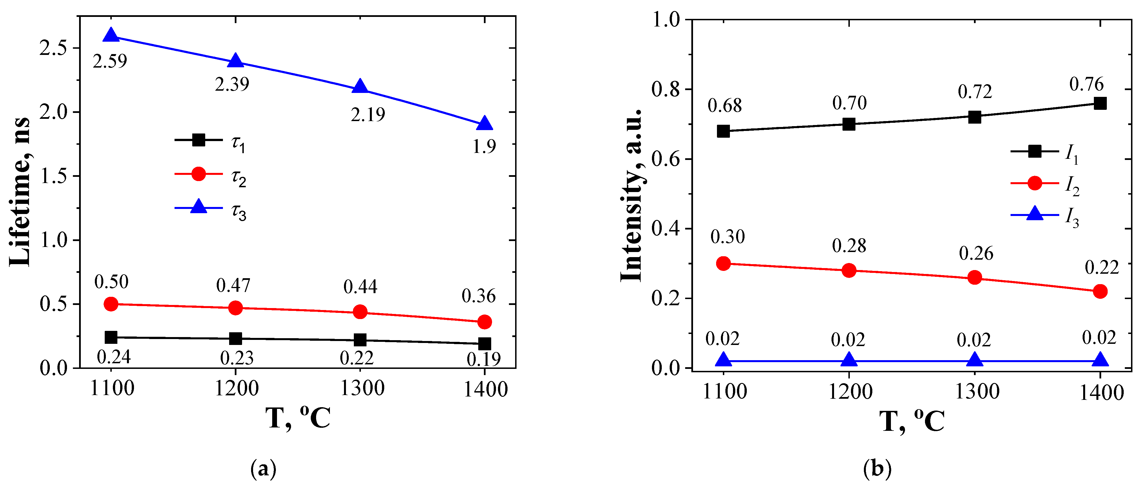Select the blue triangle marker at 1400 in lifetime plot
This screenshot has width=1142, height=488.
pyautogui.click(x=484, y=124)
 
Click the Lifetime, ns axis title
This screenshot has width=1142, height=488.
pyautogui.click(x=20, y=192)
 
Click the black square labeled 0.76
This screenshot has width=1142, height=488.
pyautogui.click(x=1100, y=103)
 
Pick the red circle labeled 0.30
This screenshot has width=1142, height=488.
pyautogui.click(x=723, y=264)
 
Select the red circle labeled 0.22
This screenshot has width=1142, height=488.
pyautogui.click(x=1100, y=291)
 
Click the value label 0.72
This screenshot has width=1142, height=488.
pyautogui.click(x=975, y=92)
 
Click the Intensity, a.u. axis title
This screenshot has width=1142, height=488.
pyautogui.click(x=631, y=195)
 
